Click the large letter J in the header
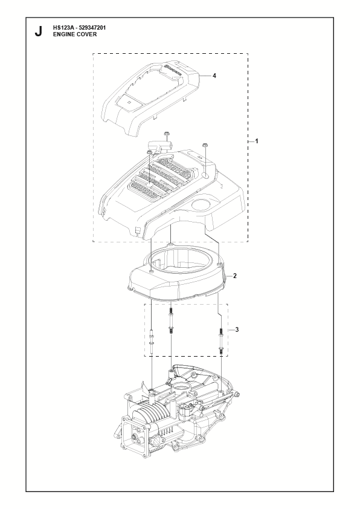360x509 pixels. click(38, 31)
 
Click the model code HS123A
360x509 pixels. click(62, 28)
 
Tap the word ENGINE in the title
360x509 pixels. click(63, 34)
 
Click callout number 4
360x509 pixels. click(214, 76)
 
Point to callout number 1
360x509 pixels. click(257, 141)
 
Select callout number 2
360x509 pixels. click(235, 276)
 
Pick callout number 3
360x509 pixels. click(237, 330)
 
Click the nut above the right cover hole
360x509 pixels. click(205, 144)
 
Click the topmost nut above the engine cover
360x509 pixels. click(167, 133)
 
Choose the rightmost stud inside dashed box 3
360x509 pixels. click(221, 340)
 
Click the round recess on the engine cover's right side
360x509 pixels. click(202, 204)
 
